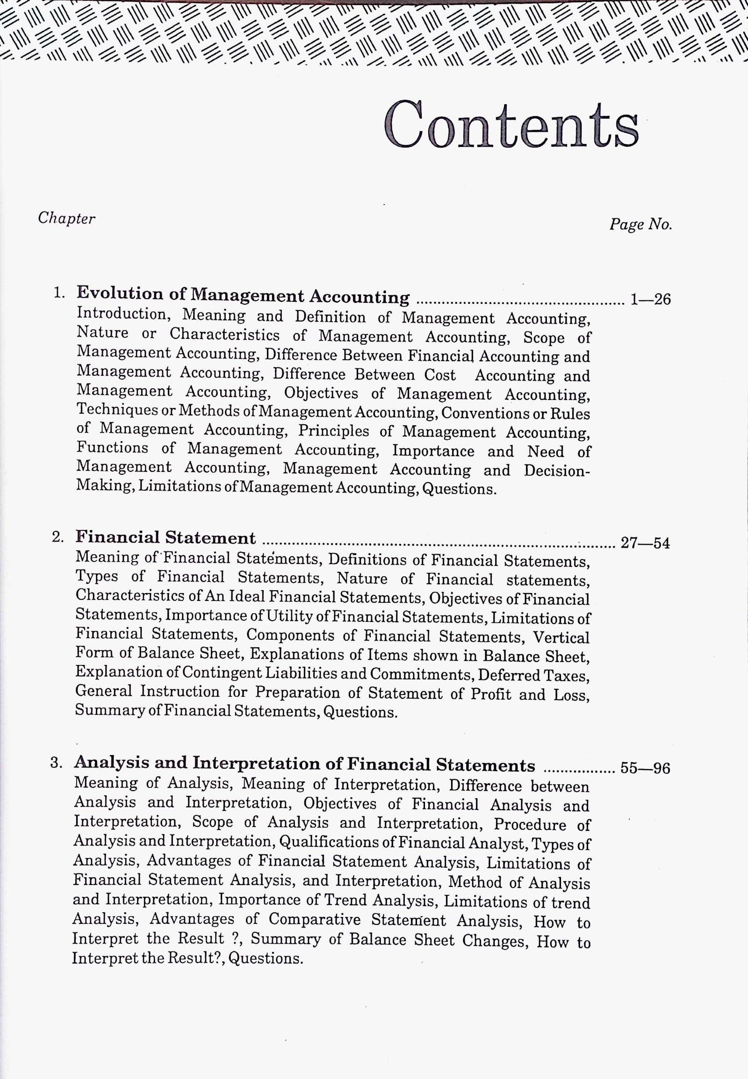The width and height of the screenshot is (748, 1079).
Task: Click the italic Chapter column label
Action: click(66, 218)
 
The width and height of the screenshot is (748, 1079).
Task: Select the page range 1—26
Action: click(650, 299)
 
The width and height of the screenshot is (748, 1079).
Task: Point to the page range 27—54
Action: click(645, 543)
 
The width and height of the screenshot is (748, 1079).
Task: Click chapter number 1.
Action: click(58, 293)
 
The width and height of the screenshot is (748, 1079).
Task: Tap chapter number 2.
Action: click(58, 537)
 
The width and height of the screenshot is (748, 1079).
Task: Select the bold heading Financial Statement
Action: click(165, 537)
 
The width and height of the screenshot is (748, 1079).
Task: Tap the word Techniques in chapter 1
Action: click(117, 409)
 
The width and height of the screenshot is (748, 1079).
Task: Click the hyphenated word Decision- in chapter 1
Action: click(557, 471)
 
